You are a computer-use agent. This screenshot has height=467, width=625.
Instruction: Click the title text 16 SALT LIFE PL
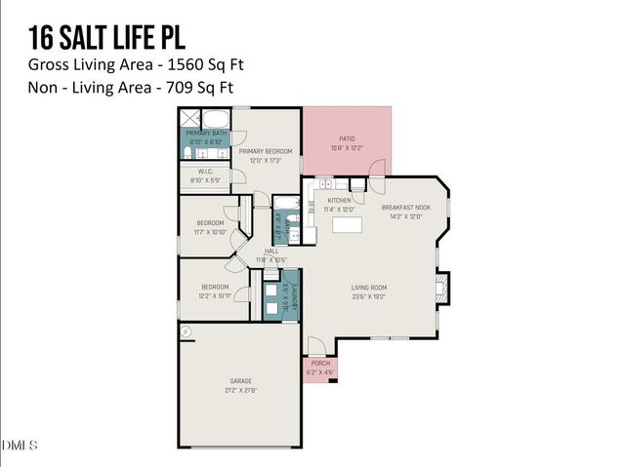(106, 36)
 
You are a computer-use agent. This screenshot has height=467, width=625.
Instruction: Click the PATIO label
(346, 138)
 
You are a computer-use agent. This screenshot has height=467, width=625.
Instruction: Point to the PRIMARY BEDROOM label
(266, 151)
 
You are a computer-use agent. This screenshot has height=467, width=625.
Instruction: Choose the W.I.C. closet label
(205, 172)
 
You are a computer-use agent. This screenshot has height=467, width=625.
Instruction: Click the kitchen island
(347, 225)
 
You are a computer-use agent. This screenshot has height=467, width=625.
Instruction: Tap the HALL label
(271, 251)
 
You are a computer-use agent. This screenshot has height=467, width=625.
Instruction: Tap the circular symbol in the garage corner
(186, 332)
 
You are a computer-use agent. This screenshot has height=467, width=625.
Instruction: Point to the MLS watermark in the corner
(20, 446)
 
